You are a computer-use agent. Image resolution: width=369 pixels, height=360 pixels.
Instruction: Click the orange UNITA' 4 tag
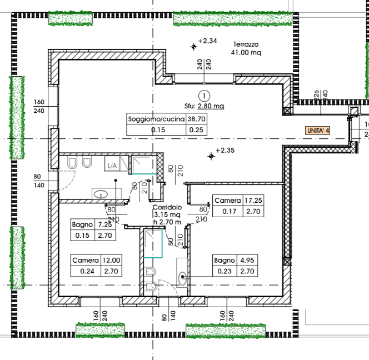pyautogui.click(x=317, y=131)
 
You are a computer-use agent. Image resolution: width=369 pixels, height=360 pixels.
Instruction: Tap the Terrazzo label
pyautogui.click(x=246, y=44)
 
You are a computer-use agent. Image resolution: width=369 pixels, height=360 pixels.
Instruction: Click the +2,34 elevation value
pyautogui.click(x=207, y=41)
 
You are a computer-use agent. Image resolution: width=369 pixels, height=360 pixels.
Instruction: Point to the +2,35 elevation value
pyautogui.click(x=225, y=151)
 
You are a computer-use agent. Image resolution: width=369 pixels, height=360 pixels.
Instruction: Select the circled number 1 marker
pyautogui.click(x=204, y=96)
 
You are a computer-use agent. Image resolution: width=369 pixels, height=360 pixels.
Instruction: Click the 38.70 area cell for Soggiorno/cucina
pyautogui.click(x=197, y=119)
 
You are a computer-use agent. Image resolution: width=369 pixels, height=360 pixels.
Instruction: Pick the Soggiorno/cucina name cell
pyautogui.click(x=156, y=119)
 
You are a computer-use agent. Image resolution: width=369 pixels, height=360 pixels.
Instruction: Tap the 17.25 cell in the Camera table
pyautogui.click(x=253, y=200)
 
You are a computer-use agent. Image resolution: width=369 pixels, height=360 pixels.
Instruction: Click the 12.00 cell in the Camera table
pyautogui.click(x=111, y=260)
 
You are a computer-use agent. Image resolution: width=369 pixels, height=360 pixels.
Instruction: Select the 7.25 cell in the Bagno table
pyautogui.click(x=105, y=224)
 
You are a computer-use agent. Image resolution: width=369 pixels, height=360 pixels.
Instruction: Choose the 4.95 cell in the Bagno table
pyautogui.click(x=247, y=260)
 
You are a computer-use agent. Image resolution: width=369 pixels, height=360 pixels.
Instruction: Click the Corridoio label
pyautogui.click(x=167, y=207)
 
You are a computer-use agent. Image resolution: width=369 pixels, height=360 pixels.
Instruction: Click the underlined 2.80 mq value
pyautogui.click(x=211, y=106)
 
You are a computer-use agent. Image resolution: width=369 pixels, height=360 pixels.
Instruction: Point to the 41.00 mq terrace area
pyautogui.click(x=246, y=52)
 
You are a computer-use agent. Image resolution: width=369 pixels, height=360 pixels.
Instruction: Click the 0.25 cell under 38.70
pyautogui.click(x=197, y=130)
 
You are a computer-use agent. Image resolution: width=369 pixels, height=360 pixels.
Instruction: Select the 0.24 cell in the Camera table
pyautogui.click(x=87, y=271)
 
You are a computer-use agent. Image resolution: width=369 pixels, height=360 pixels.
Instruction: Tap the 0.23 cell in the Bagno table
pyautogui.click(x=225, y=271)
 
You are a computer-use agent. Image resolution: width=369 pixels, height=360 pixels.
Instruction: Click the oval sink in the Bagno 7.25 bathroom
pyautogui.click(x=101, y=194)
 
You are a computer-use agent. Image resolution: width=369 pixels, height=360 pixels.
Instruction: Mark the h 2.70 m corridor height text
pyautogui.click(x=167, y=222)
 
